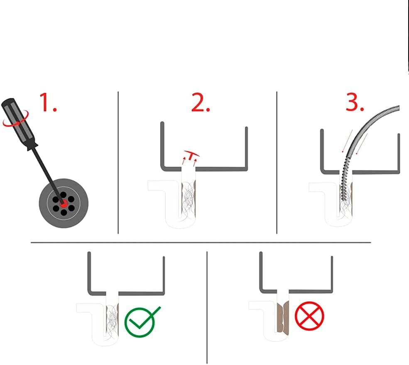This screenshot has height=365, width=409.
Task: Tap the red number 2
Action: (201, 102)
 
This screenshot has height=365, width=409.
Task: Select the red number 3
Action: (355, 102)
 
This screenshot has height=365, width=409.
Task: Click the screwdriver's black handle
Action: (19, 124)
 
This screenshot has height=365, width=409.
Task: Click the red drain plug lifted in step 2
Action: (191, 155)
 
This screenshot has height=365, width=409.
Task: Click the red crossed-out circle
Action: (309, 316)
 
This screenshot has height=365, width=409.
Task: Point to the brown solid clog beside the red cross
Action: (283, 318)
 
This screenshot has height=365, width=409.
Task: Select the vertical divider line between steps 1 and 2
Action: (118, 163)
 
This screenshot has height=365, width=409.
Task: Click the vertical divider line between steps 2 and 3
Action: (277, 163)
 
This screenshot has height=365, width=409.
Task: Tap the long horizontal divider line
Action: (201, 243)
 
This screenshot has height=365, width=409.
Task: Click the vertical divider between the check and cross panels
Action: (207, 307)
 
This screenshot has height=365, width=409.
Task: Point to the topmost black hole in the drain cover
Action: (63, 195)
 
